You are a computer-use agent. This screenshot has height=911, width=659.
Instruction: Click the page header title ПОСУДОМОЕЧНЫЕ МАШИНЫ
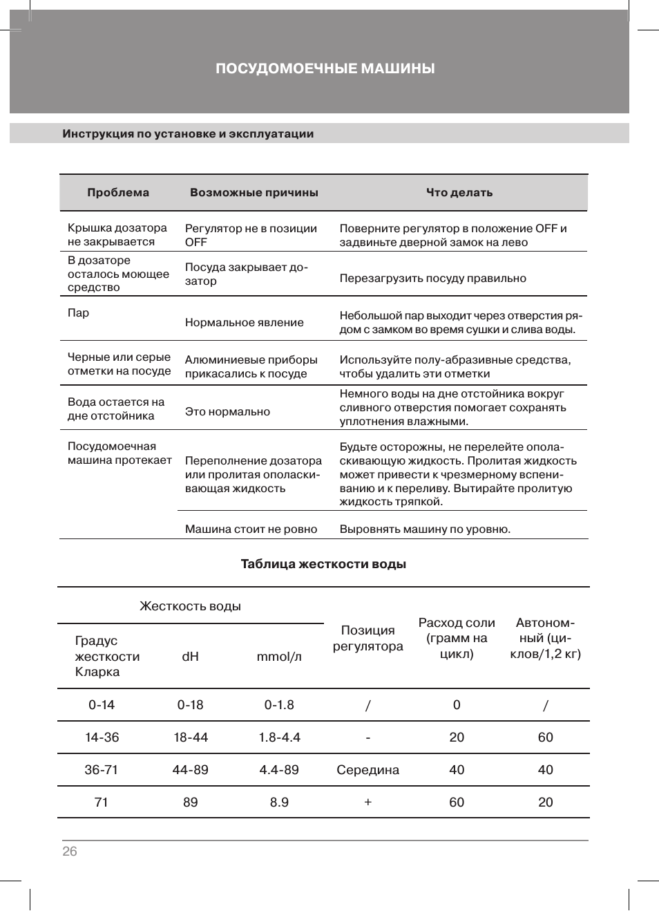(325, 68)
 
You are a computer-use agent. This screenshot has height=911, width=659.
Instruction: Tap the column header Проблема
(118, 193)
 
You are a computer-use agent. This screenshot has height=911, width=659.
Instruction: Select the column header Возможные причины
(254, 193)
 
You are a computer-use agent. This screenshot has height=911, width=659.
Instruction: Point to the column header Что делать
(459, 193)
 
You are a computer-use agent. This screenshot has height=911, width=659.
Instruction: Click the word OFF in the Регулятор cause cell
(196, 243)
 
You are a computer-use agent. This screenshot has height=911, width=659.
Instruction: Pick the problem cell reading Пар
(78, 313)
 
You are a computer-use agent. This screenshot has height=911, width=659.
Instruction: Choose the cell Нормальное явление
(245, 323)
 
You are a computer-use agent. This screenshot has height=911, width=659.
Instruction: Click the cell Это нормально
(227, 412)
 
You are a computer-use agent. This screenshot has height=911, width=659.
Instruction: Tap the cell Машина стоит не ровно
(251, 529)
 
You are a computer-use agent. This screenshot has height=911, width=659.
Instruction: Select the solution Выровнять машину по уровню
(425, 529)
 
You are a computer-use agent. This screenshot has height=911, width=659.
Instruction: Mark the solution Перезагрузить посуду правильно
(432, 279)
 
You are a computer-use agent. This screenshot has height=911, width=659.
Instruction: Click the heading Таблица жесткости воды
(323, 564)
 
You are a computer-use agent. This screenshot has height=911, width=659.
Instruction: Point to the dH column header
(191, 657)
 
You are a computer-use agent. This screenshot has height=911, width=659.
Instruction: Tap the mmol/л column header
(279, 657)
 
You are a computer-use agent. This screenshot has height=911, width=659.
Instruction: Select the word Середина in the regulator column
(367, 770)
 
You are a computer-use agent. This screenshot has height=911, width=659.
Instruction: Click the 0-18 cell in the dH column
(191, 705)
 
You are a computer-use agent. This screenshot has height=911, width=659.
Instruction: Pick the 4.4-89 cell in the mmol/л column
(279, 770)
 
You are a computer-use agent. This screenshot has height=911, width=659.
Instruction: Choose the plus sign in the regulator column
(367, 802)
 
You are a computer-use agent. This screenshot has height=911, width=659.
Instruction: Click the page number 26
(70, 852)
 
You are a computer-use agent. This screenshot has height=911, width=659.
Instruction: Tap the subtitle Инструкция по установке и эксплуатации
(188, 134)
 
